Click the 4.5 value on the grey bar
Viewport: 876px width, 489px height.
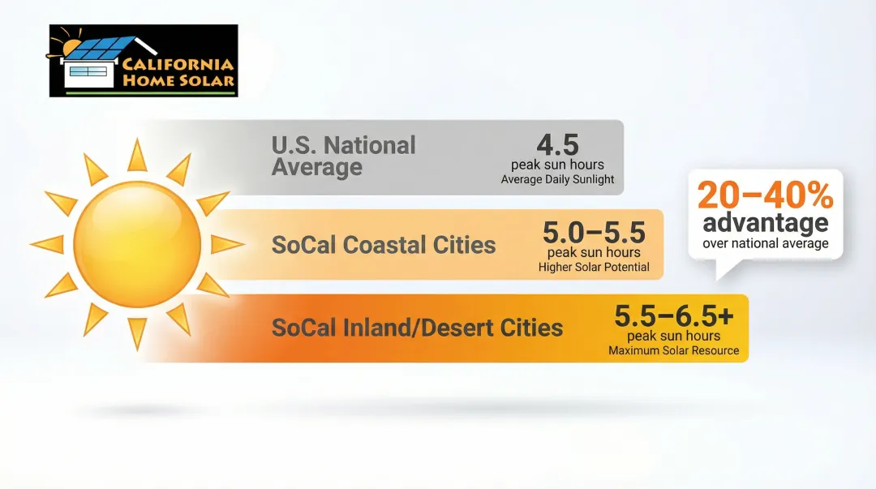[x=557, y=145]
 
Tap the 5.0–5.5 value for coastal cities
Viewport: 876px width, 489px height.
[x=594, y=234]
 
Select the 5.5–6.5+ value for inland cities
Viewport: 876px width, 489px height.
[x=673, y=316]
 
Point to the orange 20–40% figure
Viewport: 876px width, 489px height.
[x=765, y=196]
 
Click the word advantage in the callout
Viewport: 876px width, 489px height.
[x=765, y=222]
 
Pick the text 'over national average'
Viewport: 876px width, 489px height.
[x=765, y=243]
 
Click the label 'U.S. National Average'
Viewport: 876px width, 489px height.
[x=343, y=157]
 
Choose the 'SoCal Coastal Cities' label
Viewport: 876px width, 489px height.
[x=383, y=245]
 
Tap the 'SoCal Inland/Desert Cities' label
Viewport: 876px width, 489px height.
[x=417, y=328]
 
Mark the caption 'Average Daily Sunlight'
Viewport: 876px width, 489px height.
[x=557, y=179]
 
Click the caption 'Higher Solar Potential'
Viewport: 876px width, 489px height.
[x=594, y=267]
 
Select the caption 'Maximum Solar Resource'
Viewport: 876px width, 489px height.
[x=673, y=351]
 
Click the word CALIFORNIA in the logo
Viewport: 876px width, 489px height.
[x=178, y=65]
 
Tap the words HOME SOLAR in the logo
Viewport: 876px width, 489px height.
[x=178, y=80]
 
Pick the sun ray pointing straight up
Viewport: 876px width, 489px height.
[x=137, y=155]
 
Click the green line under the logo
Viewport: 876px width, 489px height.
[x=150, y=93]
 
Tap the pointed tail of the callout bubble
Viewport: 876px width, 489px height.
[x=720, y=271]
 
